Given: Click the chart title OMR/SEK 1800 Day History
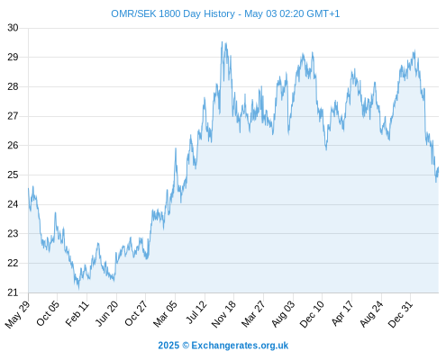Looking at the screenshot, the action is click(173, 13).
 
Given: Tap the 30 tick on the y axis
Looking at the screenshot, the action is click(13, 28).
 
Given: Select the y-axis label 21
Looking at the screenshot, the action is click(13, 292).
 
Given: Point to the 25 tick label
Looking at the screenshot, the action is click(13, 175).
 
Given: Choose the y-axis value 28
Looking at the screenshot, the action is click(13, 86).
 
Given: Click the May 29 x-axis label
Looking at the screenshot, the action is click(18, 314).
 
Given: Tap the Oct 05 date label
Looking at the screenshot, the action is click(48, 313).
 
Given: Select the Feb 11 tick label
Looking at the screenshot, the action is click(77, 314).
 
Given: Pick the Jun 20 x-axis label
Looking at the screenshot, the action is click(106, 314).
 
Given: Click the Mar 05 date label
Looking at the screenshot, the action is click(165, 314).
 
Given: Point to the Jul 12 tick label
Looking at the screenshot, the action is click(196, 312).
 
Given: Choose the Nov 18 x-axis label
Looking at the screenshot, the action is click(223, 314).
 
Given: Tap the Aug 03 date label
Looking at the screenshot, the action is click(283, 314).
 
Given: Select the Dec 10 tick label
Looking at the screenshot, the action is click(312, 314).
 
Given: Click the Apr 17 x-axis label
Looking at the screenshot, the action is click(342, 313).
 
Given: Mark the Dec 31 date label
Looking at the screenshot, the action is click(400, 314).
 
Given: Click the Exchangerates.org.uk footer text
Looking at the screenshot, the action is click(240, 346).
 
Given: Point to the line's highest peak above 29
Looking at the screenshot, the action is click(222, 42).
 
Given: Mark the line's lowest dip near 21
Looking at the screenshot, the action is click(78, 289).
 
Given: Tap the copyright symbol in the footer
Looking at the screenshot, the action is click(186, 346).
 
